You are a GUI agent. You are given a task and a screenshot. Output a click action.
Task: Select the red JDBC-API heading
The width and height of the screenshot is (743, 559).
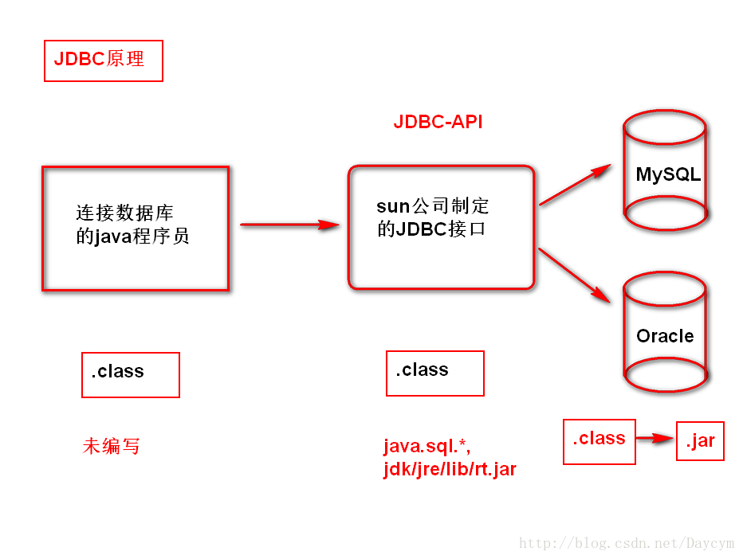(x=438, y=122)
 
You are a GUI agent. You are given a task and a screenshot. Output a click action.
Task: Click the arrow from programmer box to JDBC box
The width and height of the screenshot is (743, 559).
(x=290, y=225)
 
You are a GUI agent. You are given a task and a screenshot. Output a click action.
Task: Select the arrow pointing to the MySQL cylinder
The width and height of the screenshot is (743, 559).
(x=576, y=185)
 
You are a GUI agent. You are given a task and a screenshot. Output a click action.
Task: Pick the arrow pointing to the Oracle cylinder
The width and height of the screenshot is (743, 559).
(x=574, y=275)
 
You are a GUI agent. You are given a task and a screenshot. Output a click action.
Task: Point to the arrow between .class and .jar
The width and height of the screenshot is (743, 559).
(x=655, y=439)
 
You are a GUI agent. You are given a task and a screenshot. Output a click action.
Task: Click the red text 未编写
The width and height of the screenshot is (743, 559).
(x=112, y=446)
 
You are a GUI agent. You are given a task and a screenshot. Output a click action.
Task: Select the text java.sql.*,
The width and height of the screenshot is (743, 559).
(x=427, y=447)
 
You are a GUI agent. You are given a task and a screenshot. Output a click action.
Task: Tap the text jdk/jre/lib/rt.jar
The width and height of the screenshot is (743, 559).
(x=450, y=469)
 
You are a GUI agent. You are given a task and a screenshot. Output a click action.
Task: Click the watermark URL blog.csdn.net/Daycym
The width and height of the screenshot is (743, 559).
(x=627, y=543)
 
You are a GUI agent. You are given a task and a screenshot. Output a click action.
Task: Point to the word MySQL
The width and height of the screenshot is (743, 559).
(x=668, y=174)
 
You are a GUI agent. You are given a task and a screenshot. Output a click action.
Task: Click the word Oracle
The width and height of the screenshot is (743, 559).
(x=665, y=336)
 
